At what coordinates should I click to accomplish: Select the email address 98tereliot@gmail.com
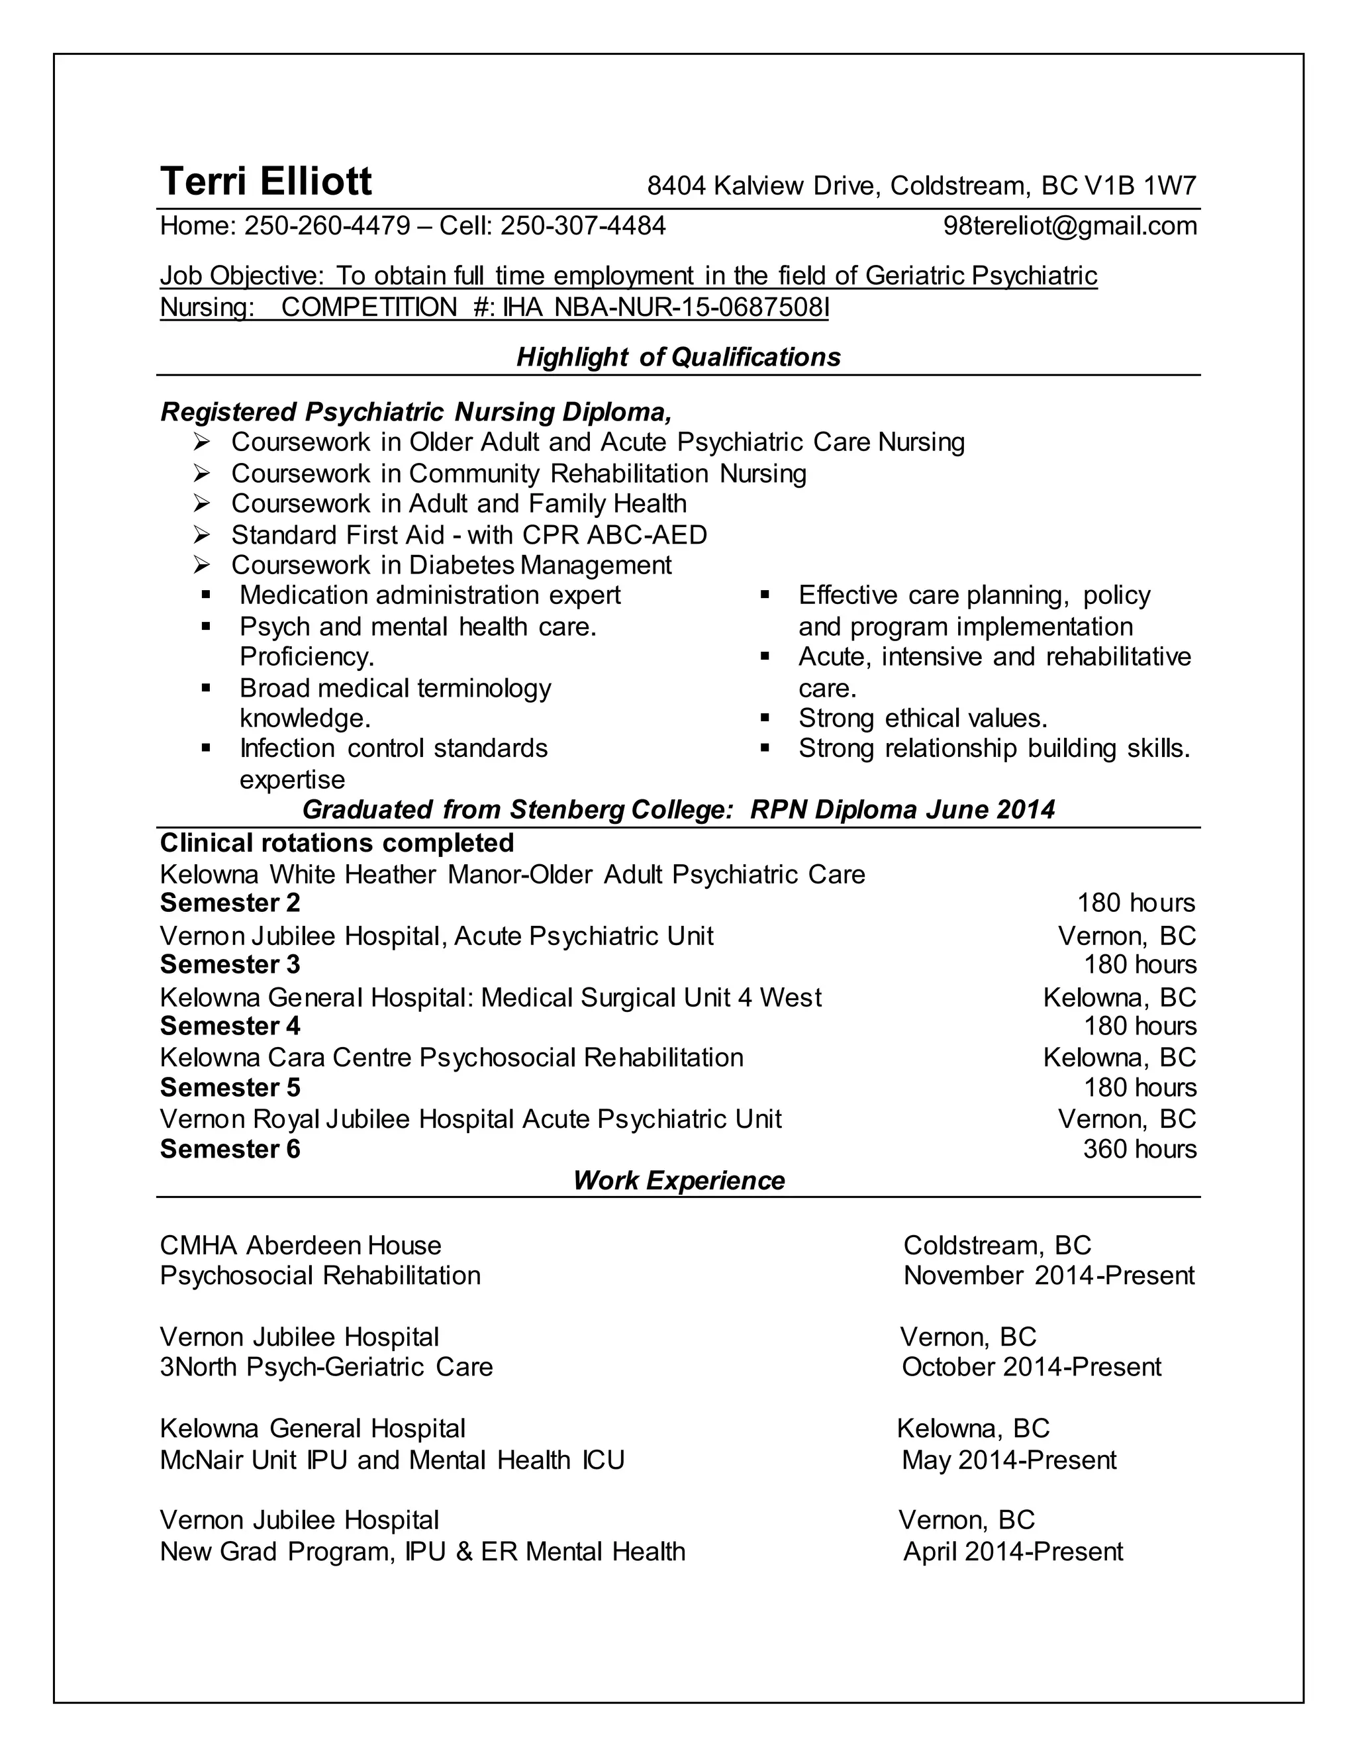[x=1069, y=226]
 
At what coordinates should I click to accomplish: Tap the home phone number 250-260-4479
[x=327, y=226]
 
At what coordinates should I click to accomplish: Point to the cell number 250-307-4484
[x=583, y=226]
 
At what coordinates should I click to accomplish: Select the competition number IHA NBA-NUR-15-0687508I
[x=665, y=307]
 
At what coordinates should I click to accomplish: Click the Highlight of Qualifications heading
[x=678, y=357]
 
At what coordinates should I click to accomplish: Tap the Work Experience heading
[x=678, y=1180]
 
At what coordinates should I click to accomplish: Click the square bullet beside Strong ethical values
[x=765, y=718]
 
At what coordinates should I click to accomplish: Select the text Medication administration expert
[x=430, y=595]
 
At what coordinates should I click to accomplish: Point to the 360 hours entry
[x=1139, y=1149]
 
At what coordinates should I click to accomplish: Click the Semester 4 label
[x=230, y=1026]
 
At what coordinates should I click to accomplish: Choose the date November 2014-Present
[x=1048, y=1276]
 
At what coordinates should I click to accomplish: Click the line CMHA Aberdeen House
[x=301, y=1246]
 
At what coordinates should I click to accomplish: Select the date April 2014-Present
[x=1012, y=1551]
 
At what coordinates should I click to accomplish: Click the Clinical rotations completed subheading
[x=336, y=843]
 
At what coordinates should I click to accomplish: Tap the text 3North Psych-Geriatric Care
[x=326, y=1367]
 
